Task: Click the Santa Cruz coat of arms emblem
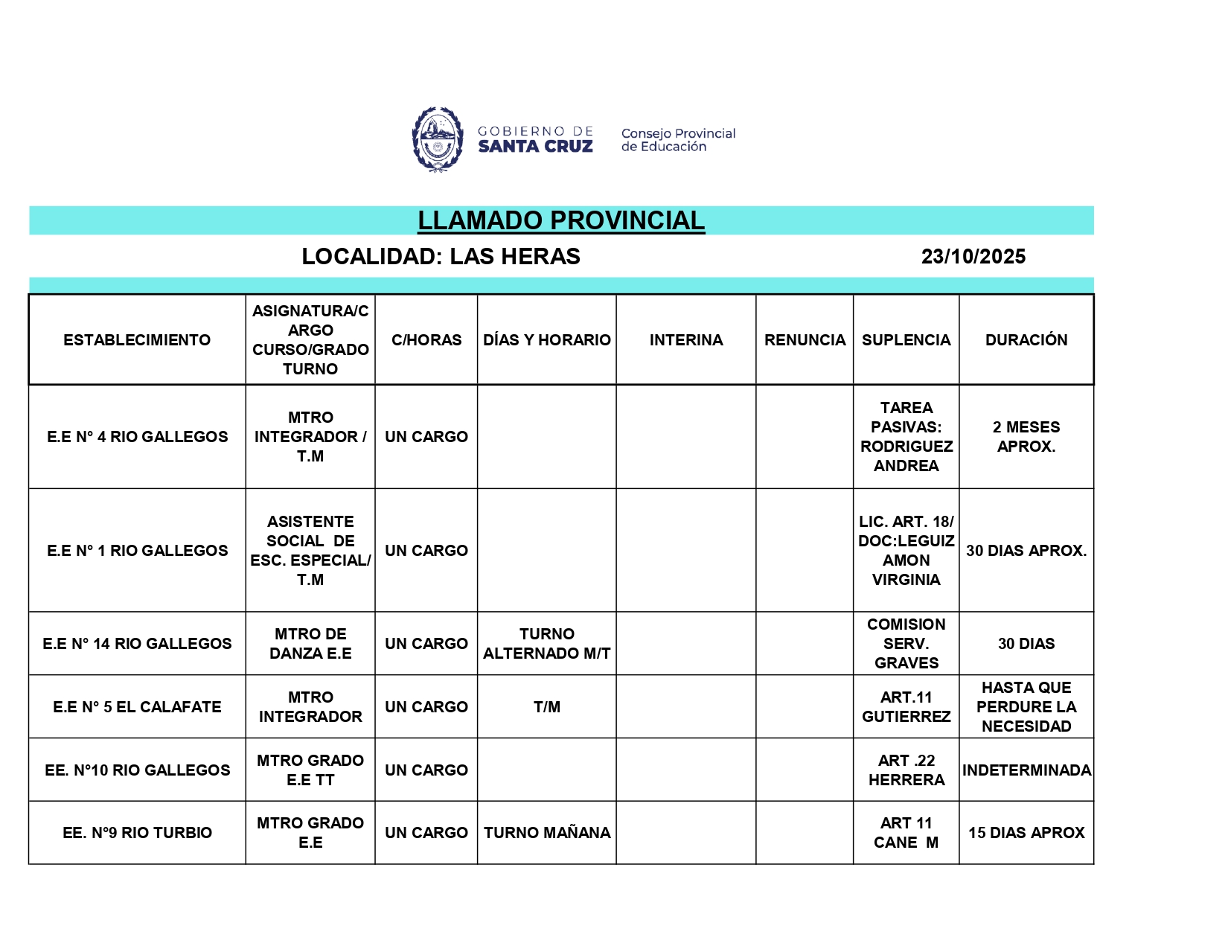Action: (438, 140)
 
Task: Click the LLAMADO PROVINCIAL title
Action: (560, 220)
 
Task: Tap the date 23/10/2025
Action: (973, 257)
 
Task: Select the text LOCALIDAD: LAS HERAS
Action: (441, 257)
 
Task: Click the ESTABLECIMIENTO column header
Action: (137, 340)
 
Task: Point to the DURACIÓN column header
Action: (1026, 340)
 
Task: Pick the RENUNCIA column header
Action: (805, 340)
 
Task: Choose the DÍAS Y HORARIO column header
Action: (546, 340)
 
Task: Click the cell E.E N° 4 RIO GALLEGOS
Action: (137, 437)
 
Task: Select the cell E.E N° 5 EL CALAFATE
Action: (137, 707)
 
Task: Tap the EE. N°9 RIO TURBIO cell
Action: (137, 833)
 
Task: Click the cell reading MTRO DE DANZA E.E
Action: (310, 644)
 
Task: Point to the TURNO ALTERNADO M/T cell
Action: (546, 644)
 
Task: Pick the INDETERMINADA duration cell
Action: (1026, 770)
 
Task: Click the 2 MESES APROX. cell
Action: (1026, 437)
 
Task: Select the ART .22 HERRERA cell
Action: (906, 770)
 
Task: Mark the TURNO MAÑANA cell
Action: (546, 833)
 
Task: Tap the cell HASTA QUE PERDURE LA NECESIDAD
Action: (1026, 707)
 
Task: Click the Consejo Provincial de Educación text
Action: (678, 140)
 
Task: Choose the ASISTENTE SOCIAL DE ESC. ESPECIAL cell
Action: (310, 551)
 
